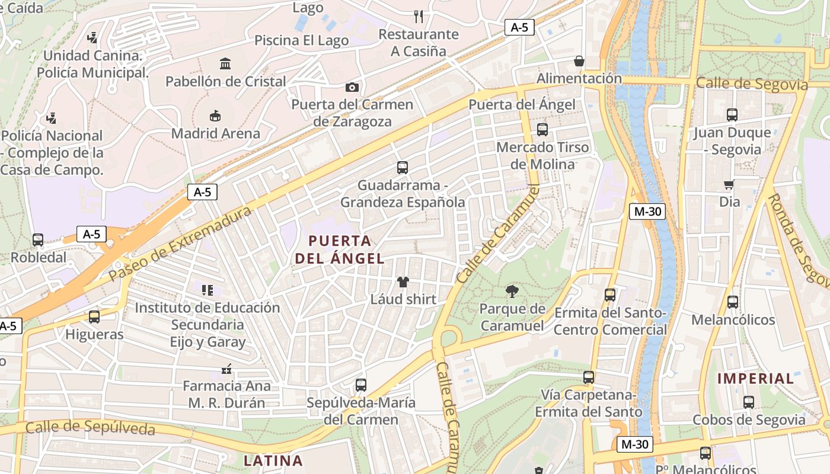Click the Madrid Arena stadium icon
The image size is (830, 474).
[215, 116]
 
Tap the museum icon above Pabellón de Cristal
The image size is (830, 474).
[225, 63]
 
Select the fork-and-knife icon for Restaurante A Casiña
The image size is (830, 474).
[419, 16]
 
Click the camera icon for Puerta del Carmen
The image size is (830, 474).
[352, 87]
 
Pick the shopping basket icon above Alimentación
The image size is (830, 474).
[579, 61]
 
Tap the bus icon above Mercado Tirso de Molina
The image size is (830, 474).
[542, 129]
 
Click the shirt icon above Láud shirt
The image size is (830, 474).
[403, 281]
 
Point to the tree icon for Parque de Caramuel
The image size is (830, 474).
[512, 291]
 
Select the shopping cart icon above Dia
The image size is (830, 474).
[729, 184]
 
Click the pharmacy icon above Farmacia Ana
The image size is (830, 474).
[225, 369]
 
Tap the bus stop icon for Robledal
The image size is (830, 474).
[38, 240]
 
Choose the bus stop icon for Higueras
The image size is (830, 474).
[94, 317]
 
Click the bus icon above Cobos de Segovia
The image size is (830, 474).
[749, 402]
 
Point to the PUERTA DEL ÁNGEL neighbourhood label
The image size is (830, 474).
[340, 249]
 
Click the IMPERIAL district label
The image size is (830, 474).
[755, 379]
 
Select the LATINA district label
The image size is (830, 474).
[273, 460]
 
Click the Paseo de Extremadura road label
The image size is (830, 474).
[181, 244]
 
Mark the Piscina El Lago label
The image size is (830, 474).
[301, 40]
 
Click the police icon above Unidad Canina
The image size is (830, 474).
[92, 38]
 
